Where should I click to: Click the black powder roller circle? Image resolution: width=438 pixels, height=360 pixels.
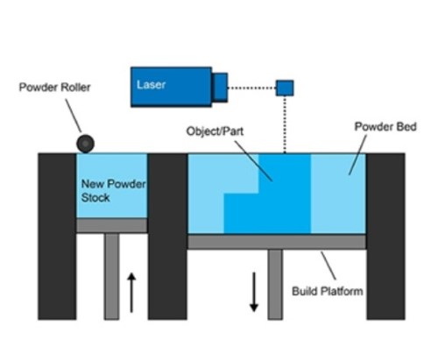click(85, 144)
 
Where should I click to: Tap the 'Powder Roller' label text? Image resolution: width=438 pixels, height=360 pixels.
click(54, 88)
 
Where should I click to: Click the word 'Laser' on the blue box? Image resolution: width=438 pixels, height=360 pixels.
click(151, 85)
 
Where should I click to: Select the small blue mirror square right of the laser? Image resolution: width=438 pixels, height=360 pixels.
click(285, 88)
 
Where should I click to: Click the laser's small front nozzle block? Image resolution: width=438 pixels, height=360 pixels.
click(220, 88)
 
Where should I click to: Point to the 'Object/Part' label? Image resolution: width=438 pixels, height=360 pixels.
click(215, 131)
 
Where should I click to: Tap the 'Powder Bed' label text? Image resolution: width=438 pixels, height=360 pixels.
click(385, 126)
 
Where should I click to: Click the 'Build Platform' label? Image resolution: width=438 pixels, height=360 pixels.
click(328, 291)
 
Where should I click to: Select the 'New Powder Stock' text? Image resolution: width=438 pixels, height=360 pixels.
click(113, 191)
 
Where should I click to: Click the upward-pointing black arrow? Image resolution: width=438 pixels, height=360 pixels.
click(131, 293)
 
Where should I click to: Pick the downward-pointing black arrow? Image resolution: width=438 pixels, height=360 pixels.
click(254, 292)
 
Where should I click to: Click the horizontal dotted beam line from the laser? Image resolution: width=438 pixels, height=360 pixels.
click(251, 88)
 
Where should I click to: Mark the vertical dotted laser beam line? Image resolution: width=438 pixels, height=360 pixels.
click(285, 124)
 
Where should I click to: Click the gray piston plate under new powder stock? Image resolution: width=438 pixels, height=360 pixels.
click(112, 225)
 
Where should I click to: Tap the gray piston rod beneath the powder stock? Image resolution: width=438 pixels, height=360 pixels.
click(112, 276)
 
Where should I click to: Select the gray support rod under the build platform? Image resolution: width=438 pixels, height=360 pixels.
click(275, 285)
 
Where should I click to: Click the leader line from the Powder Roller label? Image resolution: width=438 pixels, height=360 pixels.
click(74, 116)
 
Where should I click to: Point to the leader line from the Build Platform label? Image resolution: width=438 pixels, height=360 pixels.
click(328, 265)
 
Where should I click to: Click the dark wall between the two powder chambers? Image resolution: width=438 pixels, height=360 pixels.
click(167, 236)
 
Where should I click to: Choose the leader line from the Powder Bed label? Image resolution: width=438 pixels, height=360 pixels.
click(357, 155)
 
